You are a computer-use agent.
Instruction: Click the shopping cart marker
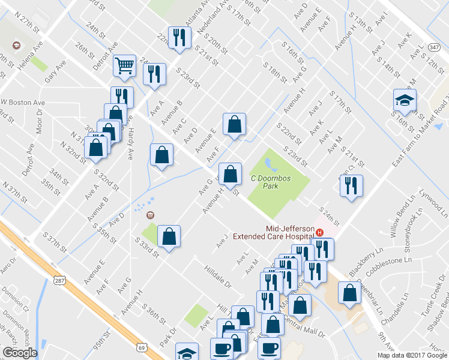(x=124, y=65)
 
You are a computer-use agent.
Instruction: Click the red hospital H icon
(x=319, y=232)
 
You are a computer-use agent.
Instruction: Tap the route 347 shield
(x=433, y=46)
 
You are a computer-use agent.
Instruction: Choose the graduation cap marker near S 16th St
(x=405, y=101)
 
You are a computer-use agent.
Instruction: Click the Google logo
(x=20, y=352)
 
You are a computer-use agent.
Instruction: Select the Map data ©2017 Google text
(x=411, y=355)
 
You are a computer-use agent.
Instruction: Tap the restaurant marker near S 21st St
(x=351, y=186)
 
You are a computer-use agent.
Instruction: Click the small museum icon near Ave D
(x=150, y=215)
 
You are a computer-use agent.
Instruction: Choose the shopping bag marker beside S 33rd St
(x=169, y=236)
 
